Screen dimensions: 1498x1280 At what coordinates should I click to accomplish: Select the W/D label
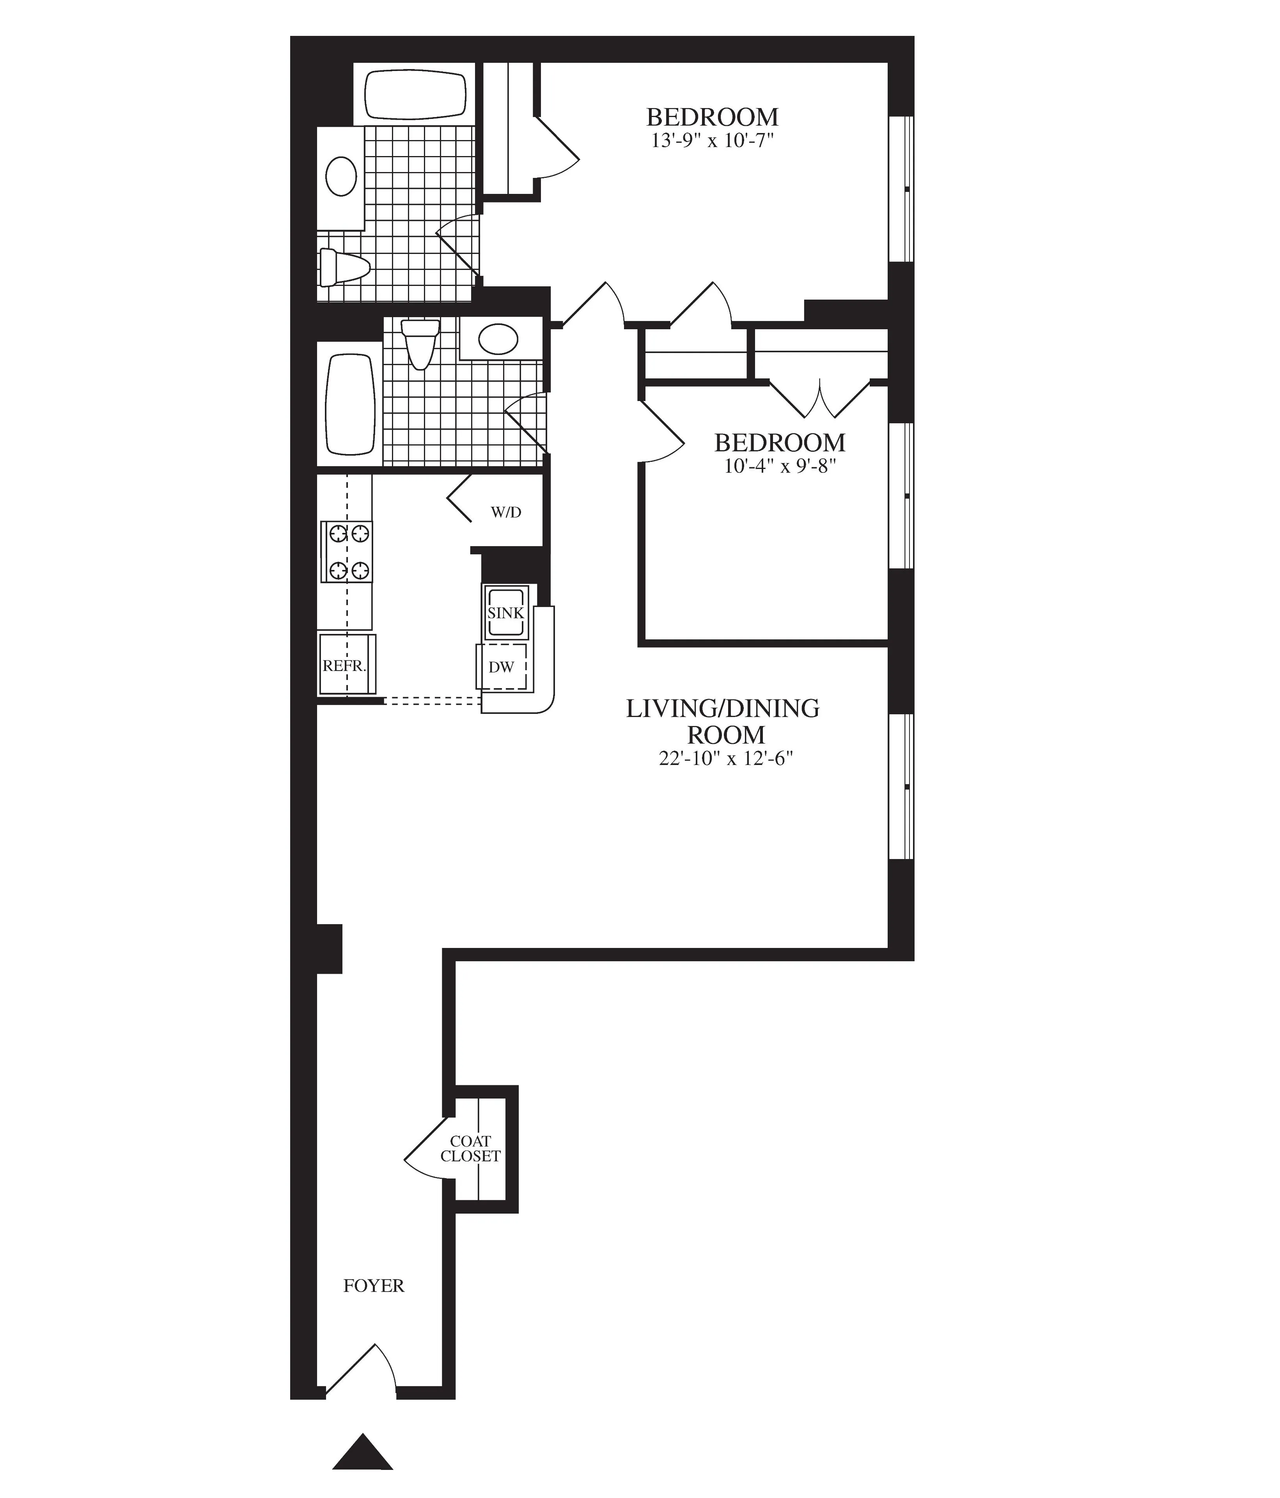tap(506, 513)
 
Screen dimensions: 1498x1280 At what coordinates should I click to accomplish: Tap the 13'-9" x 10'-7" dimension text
tap(712, 140)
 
